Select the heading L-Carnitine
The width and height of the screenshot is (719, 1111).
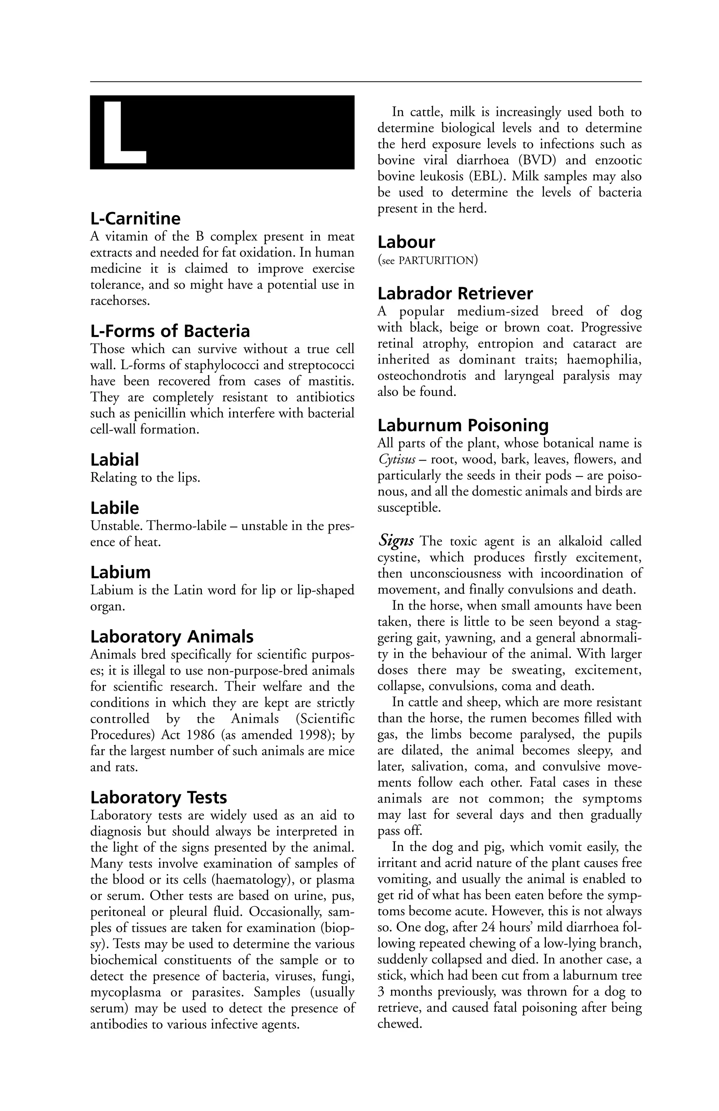click(136, 218)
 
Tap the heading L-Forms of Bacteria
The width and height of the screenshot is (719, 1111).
click(170, 331)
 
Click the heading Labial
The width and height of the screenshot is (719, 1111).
click(114, 460)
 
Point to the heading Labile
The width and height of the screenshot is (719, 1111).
click(114, 508)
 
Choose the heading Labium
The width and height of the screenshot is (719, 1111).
click(120, 572)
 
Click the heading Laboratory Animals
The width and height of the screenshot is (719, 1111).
click(172, 637)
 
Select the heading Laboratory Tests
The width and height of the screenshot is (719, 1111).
click(159, 798)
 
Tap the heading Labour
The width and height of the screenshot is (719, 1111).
click(406, 242)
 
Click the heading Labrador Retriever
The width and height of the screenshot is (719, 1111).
click(455, 293)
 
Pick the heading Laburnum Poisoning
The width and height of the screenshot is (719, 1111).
click(463, 425)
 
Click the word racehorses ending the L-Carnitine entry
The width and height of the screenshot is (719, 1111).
click(120, 300)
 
